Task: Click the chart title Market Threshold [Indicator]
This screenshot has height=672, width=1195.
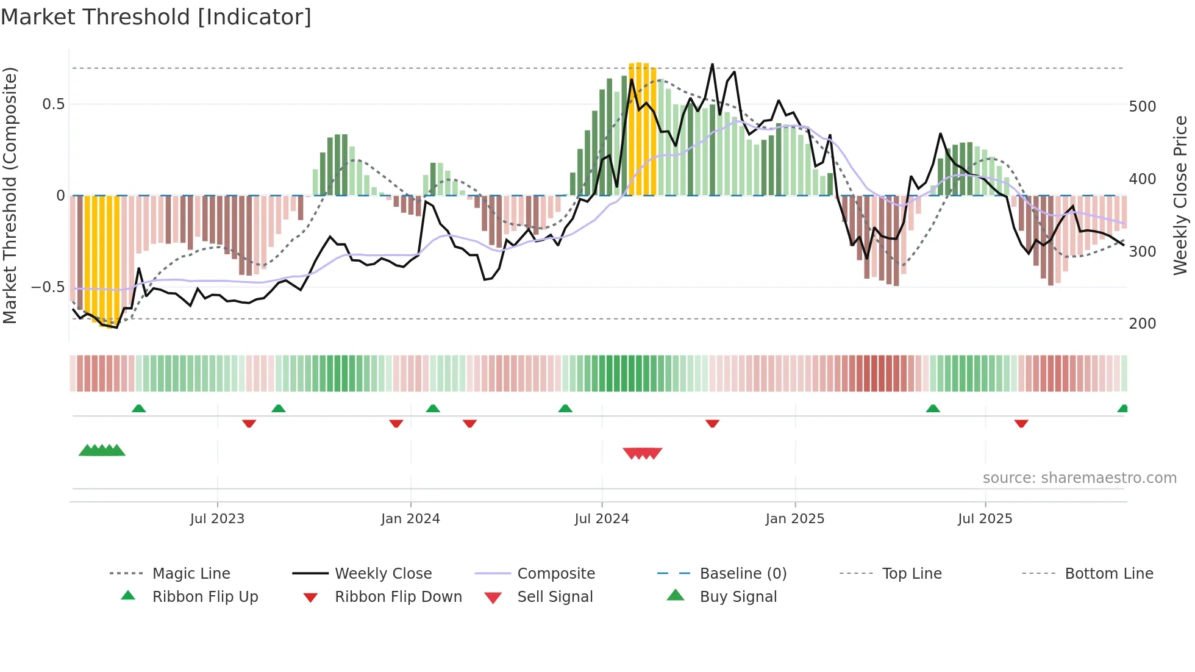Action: click(x=156, y=17)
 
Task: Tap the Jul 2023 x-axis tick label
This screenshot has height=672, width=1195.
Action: click(x=217, y=519)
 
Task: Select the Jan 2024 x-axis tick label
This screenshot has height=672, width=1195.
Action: click(x=410, y=519)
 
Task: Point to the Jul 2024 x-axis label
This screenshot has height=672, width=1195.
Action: click(x=602, y=519)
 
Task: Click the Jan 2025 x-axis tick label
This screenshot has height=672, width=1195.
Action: click(x=795, y=519)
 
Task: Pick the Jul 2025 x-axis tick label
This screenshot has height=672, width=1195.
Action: click(x=985, y=519)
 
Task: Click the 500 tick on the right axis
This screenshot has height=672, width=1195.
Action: click(x=1143, y=107)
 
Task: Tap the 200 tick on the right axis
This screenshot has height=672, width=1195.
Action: click(x=1143, y=324)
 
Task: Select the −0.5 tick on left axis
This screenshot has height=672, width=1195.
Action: click(x=48, y=287)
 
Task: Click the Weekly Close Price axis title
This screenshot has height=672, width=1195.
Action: click(x=1180, y=195)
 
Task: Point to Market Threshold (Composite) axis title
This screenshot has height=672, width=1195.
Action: click(x=10, y=195)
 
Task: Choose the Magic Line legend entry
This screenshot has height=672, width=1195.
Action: click(x=191, y=574)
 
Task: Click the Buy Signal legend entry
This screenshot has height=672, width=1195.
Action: click(x=738, y=597)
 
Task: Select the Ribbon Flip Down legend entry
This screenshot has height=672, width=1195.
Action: click(x=398, y=597)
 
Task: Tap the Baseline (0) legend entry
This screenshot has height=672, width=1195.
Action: click(x=743, y=574)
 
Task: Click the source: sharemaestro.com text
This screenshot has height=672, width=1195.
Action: click(x=1079, y=478)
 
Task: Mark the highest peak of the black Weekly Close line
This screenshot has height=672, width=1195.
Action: click(x=712, y=65)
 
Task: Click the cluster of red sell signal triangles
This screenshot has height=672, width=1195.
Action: click(x=643, y=453)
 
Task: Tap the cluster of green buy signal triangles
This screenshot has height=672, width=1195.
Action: click(x=102, y=451)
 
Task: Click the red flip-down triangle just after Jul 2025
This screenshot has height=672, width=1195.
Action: click(x=1021, y=423)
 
